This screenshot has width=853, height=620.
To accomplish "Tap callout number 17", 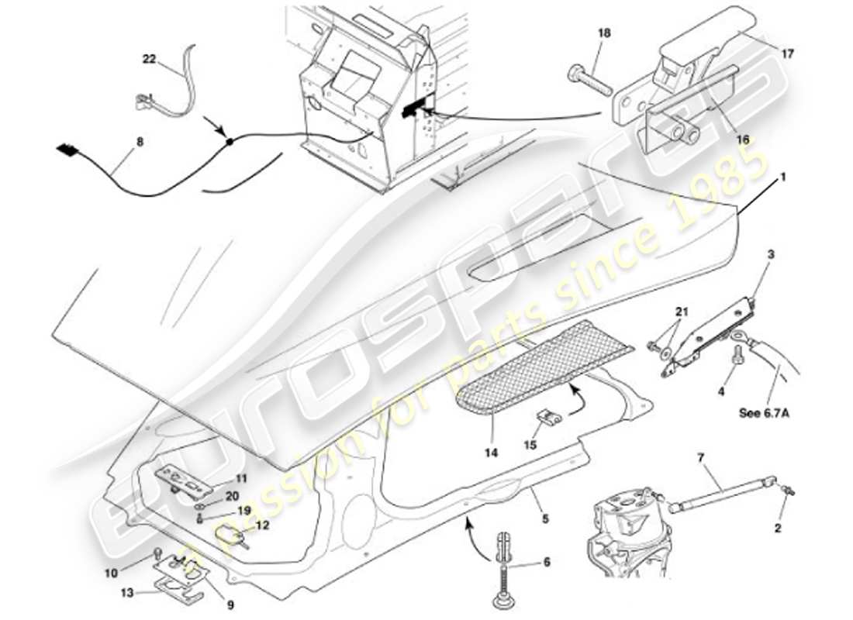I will click(x=787, y=54).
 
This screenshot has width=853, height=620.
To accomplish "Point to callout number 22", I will click(x=149, y=58).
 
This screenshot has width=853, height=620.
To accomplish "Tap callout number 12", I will click(x=262, y=525).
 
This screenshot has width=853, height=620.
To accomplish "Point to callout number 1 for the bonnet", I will click(x=783, y=177).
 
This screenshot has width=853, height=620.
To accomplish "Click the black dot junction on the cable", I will click(x=230, y=141).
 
